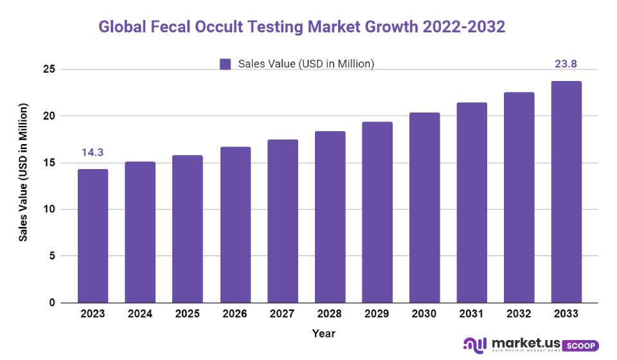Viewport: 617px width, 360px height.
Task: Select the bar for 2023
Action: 93,236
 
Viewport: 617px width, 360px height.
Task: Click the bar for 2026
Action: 235,224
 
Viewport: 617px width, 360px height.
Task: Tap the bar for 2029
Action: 377,212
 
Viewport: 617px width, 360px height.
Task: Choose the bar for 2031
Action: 472,203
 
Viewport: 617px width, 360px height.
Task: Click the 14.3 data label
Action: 93,153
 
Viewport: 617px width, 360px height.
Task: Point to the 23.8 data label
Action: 566,64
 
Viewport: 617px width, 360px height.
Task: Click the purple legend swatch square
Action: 225,64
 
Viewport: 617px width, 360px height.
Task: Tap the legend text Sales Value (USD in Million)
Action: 306,64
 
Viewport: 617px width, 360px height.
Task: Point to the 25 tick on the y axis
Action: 48,69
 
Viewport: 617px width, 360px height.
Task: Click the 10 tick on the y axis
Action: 48,209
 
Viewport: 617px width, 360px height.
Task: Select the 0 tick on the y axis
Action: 51,302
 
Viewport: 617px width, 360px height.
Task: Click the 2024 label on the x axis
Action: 140,314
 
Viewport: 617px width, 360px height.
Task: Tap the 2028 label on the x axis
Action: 330,314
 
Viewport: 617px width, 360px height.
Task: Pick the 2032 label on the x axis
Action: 519,314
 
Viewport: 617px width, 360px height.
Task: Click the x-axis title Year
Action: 323,333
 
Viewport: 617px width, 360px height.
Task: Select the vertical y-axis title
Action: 23,172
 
